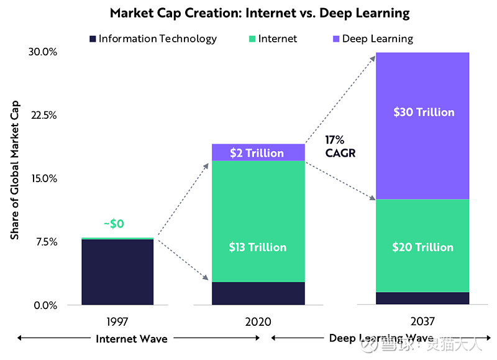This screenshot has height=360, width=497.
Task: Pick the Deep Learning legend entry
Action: [x=373, y=39]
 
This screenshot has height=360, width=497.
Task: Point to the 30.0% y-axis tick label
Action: [x=43, y=52]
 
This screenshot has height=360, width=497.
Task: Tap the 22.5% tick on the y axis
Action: [x=43, y=115]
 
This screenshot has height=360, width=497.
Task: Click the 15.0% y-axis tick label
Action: [x=43, y=178]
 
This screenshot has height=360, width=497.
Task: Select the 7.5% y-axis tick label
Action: [x=45, y=242]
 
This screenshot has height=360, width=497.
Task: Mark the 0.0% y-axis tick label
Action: [x=45, y=305]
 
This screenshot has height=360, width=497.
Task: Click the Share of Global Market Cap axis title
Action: [x=15, y=170]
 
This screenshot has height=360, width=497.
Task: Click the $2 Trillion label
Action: [x=257, y=153]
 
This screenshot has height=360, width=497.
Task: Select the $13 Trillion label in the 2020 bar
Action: [x=258, y=247]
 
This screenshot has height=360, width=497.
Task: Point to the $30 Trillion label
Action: [x=424, y=113]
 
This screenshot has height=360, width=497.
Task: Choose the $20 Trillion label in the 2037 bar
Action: [x=422, y=247]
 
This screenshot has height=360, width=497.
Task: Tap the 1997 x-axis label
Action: [x=117, y=321]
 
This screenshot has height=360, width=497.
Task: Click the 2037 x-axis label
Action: [x=422, y=321]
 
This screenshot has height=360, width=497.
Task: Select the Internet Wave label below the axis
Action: [x=132, y=339]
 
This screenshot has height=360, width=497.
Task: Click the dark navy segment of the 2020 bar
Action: [x=258, y=293]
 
